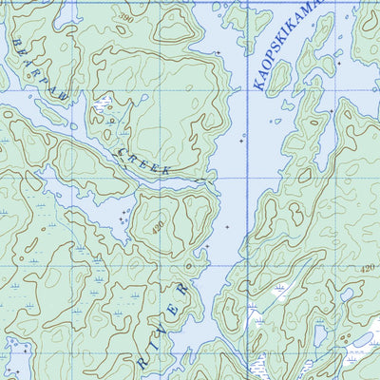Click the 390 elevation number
tap(126, 18)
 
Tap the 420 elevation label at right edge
tap(368, 269)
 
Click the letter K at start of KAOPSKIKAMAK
tap(259, 85)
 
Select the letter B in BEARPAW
tap(16, 50)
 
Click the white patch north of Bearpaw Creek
tap(101, 103)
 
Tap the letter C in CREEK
tap(120, 145)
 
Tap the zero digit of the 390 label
tap(132, 19)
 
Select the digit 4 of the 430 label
tap(151, 223)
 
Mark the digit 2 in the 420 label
tap(368, 269)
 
